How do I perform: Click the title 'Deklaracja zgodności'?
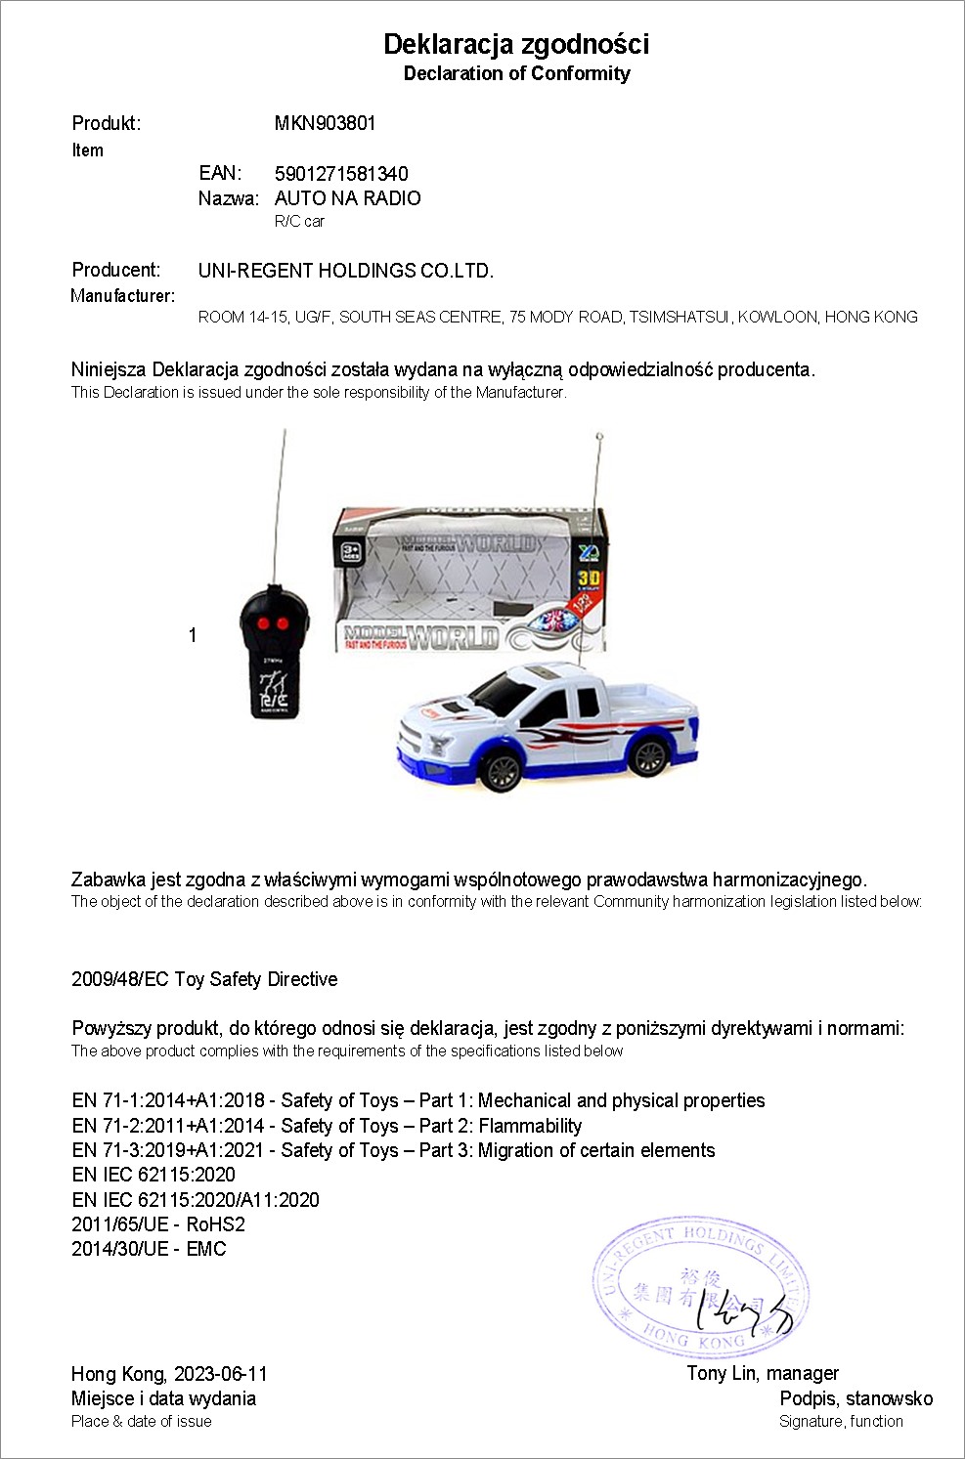(516, 44)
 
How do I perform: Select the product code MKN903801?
(325, 123)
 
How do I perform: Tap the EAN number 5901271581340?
(341, 174)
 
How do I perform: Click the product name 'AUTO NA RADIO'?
(347, 198)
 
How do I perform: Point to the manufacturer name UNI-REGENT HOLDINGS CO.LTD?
(345, 271)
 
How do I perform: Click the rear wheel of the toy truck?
(647, 753)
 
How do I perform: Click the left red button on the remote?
(263, 623)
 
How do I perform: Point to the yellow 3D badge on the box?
(589, 578)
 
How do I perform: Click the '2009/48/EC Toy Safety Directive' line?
(204, 979)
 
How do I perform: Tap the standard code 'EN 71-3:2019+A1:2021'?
(168, 1150)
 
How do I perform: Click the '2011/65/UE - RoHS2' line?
(158, 1224)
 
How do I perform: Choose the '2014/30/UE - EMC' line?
(149, 1249)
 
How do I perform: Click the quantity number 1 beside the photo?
(193, 635)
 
